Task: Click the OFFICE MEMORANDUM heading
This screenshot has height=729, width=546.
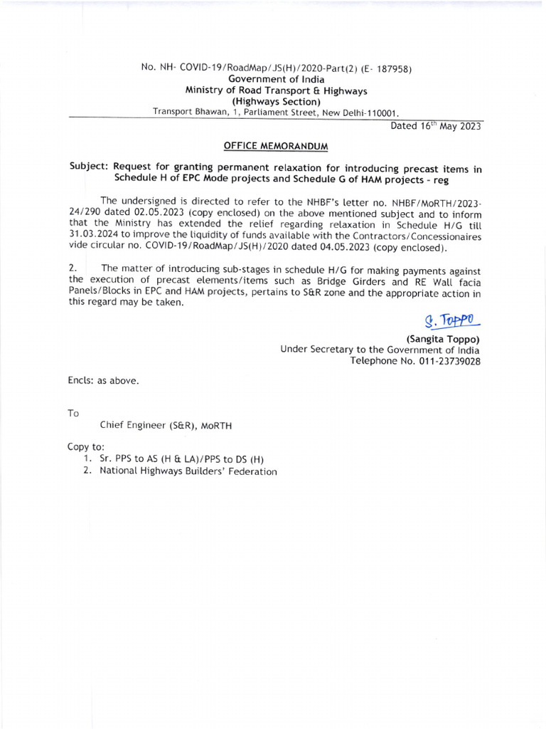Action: (276, 146)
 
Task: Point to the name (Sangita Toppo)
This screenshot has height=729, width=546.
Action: (442, 339)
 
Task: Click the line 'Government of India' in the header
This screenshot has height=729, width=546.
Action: (276, 79)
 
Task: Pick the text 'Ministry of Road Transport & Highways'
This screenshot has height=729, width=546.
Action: (276, 90)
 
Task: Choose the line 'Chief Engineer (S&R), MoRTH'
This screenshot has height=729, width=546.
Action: (166, 426)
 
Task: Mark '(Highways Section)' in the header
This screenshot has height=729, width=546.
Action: (276, 101)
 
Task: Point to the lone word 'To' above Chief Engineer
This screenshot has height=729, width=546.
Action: (74, 413)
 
